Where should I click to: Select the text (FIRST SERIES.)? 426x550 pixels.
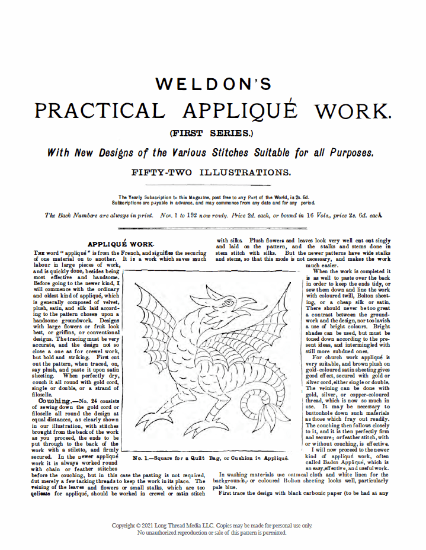point(213,134)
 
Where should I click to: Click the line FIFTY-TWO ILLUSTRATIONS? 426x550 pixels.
point(213,173)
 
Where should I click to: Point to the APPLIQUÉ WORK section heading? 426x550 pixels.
point(121,244)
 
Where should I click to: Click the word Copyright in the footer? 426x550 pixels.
point(126,526)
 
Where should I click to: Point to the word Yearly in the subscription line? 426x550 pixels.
point(136,197)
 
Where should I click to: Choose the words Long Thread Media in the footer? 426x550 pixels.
point(193,526)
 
